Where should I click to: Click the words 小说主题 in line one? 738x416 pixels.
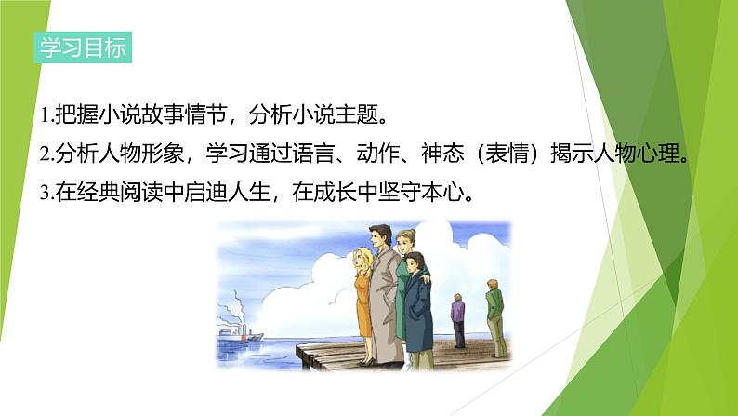(x=337, y=115)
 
